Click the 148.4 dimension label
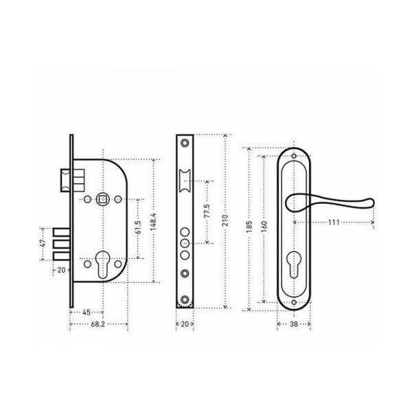click(x=153, y=222)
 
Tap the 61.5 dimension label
click(x=138, y=227)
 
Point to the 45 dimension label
click(x=87, y=312)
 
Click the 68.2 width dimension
click(x=98, y=324)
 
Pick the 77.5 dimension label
click(x=207, y=211)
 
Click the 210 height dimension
click(x=225, y=220)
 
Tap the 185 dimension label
click(x=249, y=227)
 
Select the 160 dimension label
click(x=264, y=227)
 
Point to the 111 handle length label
click(x=334, y=222)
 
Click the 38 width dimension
click(x=294, y=324)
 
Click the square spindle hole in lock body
click(x=103, y=199)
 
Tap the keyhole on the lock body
click(x=103, y=264)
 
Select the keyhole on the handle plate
click(x=294, y=264)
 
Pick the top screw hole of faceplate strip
click(x=185, y=144)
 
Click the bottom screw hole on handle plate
click(x=294, y=302)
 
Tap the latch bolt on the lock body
click(x=66, y=180)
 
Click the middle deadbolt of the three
click(x=62, y=244)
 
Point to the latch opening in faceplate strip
click(x=185, y=180)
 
